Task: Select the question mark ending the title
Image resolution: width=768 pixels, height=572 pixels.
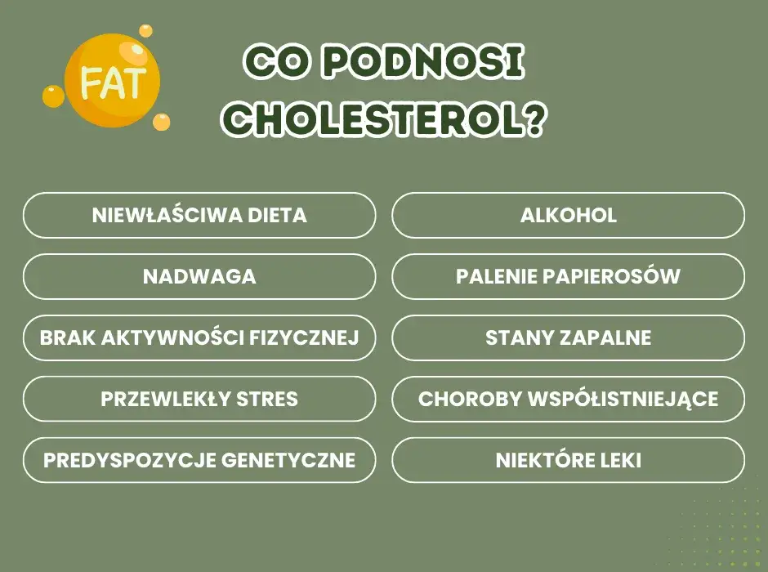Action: [532, 122]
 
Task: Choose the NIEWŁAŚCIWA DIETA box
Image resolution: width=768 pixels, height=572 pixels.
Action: [199, 216]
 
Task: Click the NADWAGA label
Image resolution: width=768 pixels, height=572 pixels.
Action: [199, 277]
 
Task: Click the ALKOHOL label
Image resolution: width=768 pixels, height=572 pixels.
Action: [569, 216]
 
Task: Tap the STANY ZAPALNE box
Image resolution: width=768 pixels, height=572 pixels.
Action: [569, 337]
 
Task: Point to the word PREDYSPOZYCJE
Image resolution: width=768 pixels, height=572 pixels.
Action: [130, 460]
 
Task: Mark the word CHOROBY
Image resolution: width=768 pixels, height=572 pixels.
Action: [470, 399]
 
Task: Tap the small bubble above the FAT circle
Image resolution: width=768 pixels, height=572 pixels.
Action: [145, 30]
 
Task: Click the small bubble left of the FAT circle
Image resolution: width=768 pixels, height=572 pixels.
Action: [53, 96]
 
